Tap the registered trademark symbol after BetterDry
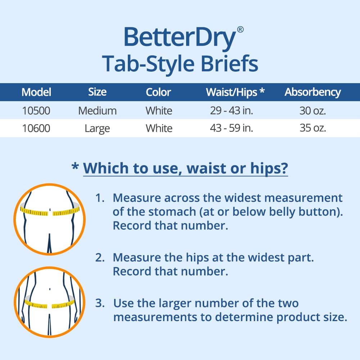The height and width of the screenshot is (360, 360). pyautogui.click(x=240, y=30)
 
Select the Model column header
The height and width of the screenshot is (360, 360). pyautogui.click(x=36, y=92)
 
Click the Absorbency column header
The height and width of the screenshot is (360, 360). pyautogui.click(x=312, y=92)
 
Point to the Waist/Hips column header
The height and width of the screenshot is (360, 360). pyautogui.click(x=235, y=92)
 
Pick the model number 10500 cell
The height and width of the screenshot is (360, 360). pyautogui.click(x=36, y=111)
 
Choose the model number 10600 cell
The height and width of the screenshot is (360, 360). pyautogui.click(x=36, y=129)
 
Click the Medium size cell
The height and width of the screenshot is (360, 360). pyautogui.click(x=97, y=111)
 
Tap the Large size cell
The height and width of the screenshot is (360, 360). pyautogui.click(x=97, y=129)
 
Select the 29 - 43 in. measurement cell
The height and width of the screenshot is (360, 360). pyautogui.click(x=231, y=111)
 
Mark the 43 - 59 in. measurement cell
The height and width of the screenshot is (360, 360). pyautogui.click(x=231, y=129)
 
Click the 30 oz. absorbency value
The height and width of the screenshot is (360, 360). pyautogui.click(x=312, y=111)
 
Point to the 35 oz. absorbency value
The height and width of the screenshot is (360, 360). pyautogui.click(x=312, y=129)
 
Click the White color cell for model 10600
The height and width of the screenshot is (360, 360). pyautogui.click(x=159, y=129)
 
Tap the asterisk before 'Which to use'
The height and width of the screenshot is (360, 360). pyautogui.click(x=75, y=167)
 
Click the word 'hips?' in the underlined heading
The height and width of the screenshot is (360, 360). pyautogui.click(x=268, y=168)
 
